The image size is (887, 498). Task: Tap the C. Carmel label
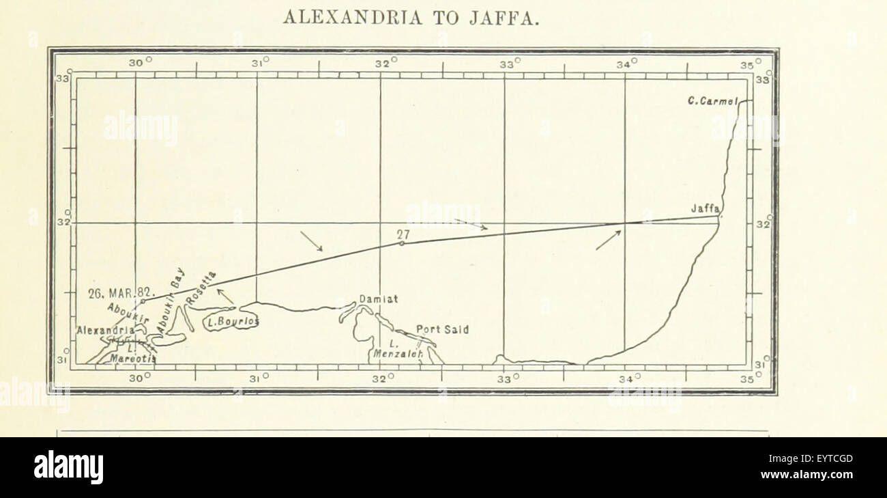click(x=713, y=101)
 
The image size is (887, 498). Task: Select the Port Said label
click(x=442, y=329)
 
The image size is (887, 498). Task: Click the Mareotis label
click(x=133, y=358)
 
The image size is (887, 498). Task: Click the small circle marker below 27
click(x=401, y=243)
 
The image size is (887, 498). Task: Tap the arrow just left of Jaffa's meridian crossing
click(x=608, y=240)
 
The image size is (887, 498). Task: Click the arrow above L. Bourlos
click(x=225, y=296)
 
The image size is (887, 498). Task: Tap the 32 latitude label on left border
click(x=62, y=223)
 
